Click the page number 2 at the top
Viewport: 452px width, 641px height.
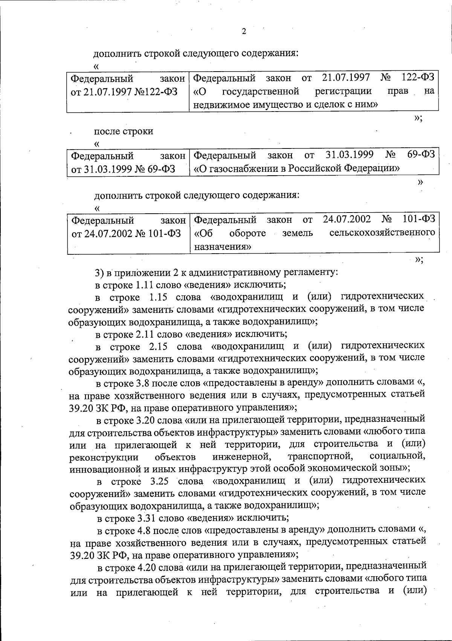click(x=244, y=31)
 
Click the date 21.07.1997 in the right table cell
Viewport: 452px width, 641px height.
click(x=346, y=78)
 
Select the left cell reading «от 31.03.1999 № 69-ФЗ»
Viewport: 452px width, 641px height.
click(x=124, y=169)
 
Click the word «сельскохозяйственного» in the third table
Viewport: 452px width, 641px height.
click(x=382, y=233)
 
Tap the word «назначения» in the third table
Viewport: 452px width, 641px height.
click(x=223, y=247)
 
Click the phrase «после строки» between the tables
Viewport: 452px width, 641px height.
click(x=124, y=131)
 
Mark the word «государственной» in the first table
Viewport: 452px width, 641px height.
click(x=261, y=91)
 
